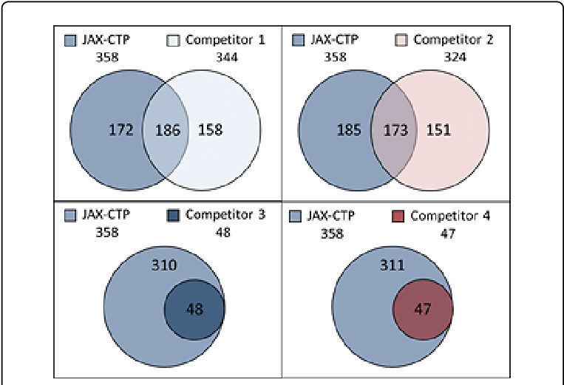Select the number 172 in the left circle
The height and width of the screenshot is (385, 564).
120,131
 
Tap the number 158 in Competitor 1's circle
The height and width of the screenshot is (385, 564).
210,131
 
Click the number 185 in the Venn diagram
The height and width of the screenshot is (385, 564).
349,132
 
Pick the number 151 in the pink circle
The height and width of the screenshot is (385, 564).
438,132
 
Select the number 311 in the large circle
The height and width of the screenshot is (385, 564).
394,264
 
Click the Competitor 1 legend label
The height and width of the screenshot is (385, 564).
225,39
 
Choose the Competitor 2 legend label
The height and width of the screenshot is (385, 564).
454,39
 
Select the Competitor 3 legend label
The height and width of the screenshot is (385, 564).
225,216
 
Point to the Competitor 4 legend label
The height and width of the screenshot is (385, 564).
450,216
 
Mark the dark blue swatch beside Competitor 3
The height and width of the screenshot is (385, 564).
174,216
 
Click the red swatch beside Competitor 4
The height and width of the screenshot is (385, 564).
398,216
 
